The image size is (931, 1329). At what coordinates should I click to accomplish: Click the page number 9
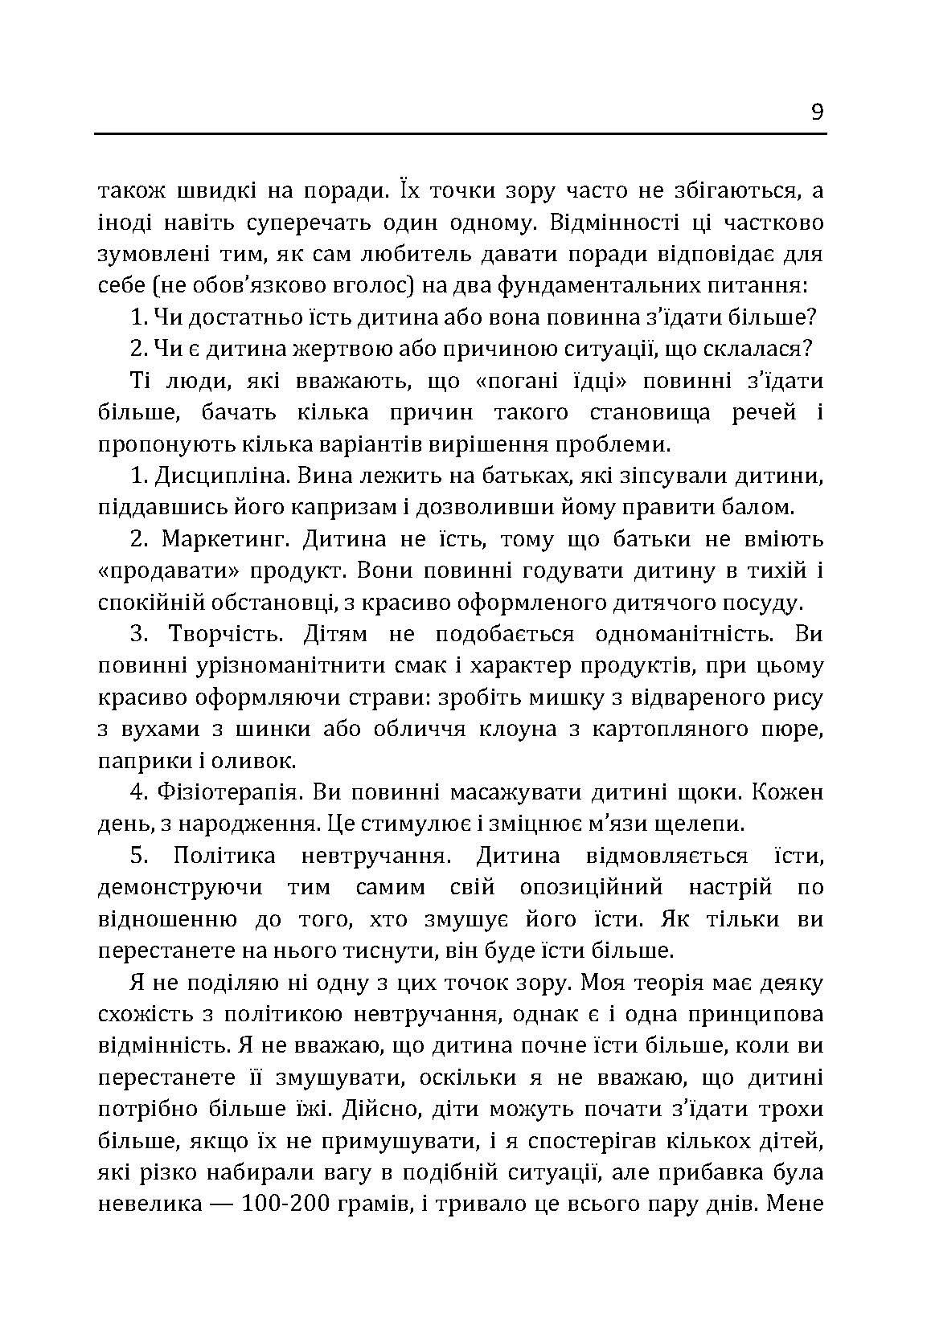tap(817, 112)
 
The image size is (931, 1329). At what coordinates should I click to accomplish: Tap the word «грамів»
tap(374, 1205)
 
